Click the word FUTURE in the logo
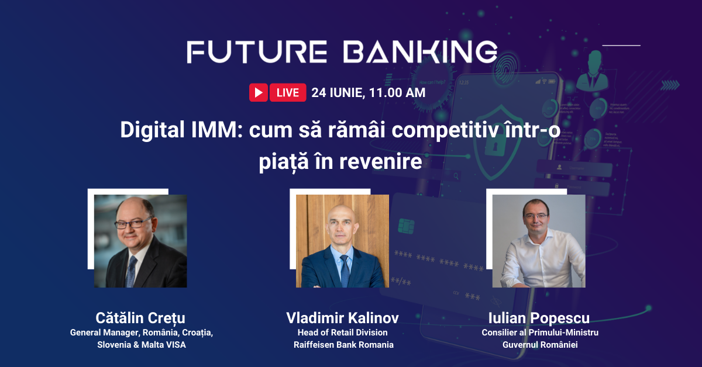257,51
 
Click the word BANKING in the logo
420,51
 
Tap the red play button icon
258,92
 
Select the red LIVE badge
288,92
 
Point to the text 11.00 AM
397,93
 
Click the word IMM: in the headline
217,130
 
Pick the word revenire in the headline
380,161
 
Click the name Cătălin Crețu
140,318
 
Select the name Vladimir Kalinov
342,318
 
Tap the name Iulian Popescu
539,318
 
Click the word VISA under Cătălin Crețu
176,345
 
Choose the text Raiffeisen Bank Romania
343,345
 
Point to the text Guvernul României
540,345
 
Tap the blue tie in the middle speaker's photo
345,271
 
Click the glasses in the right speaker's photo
536,216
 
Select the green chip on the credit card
406,226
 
